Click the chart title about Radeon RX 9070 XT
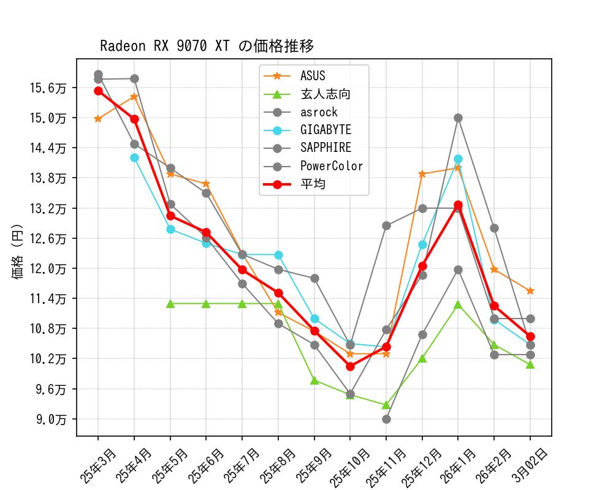[207, 46]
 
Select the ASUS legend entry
[313, 76]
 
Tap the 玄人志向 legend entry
[325, 94]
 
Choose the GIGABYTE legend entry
[326, 130]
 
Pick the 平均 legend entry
[313, 184]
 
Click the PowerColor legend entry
[331, 166]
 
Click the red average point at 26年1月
[458, 205]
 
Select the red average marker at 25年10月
[350, 366]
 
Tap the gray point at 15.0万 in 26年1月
[458, 118]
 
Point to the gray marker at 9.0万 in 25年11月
[386, 419]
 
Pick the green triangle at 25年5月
[170, 304]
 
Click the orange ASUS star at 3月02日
[530, 291]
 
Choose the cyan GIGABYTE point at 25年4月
[134, 157]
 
